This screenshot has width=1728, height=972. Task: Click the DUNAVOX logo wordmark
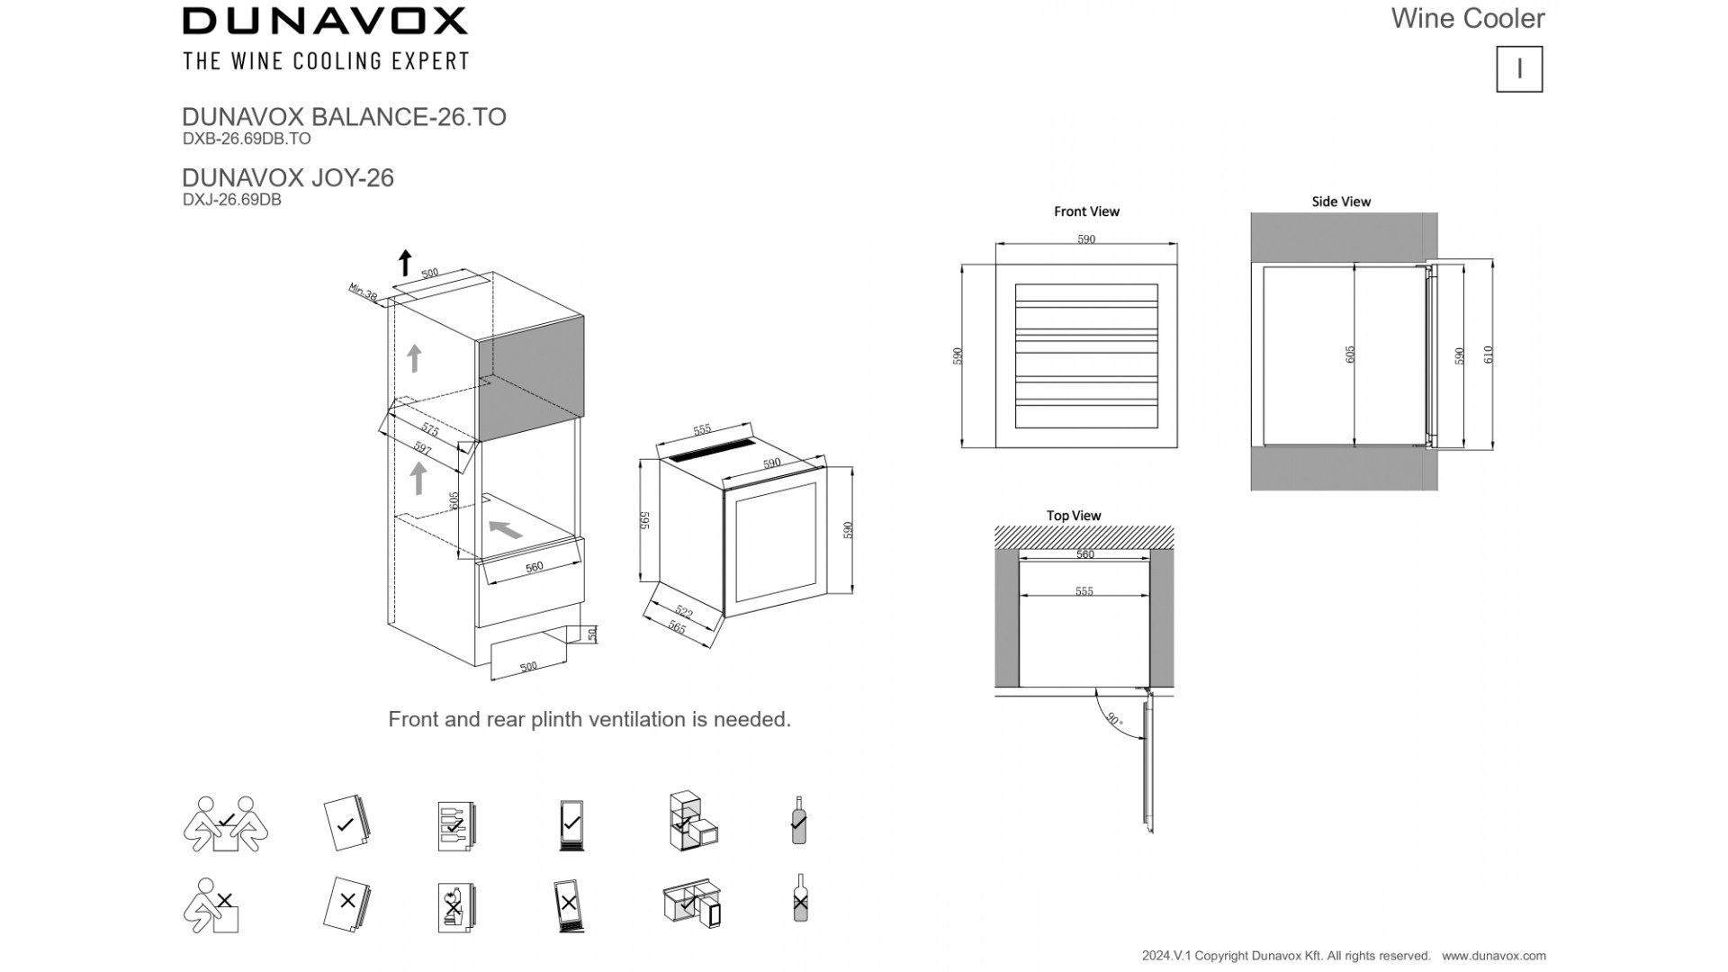click(325, 21)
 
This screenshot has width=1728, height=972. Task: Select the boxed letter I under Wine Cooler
click(1519, 69)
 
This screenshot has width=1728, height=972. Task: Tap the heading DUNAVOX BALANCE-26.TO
click(344, 117)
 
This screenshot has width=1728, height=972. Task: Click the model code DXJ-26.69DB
click(231, 200)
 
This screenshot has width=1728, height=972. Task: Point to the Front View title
click(1086, 211)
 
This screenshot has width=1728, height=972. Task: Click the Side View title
click(1341, 202)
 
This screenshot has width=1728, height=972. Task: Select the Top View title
click(1074, 516)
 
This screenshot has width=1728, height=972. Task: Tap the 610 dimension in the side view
click(1489, 355)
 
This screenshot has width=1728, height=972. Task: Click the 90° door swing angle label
click(1114, 719)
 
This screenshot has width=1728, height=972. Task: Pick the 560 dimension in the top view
click(1085, 554)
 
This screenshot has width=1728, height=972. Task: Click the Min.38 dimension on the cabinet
click(363, 293)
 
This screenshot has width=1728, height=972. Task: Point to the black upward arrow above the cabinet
click(405, 263)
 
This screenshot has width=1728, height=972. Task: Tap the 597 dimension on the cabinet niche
click(423, 447)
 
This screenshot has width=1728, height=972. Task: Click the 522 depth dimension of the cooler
click(684, 613)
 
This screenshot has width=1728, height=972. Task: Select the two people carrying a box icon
click(226, 823)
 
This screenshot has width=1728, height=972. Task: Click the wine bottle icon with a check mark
click(798, 820)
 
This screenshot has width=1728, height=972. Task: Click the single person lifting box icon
click(212, 904)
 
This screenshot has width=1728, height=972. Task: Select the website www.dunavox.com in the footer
click(1494, 956)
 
